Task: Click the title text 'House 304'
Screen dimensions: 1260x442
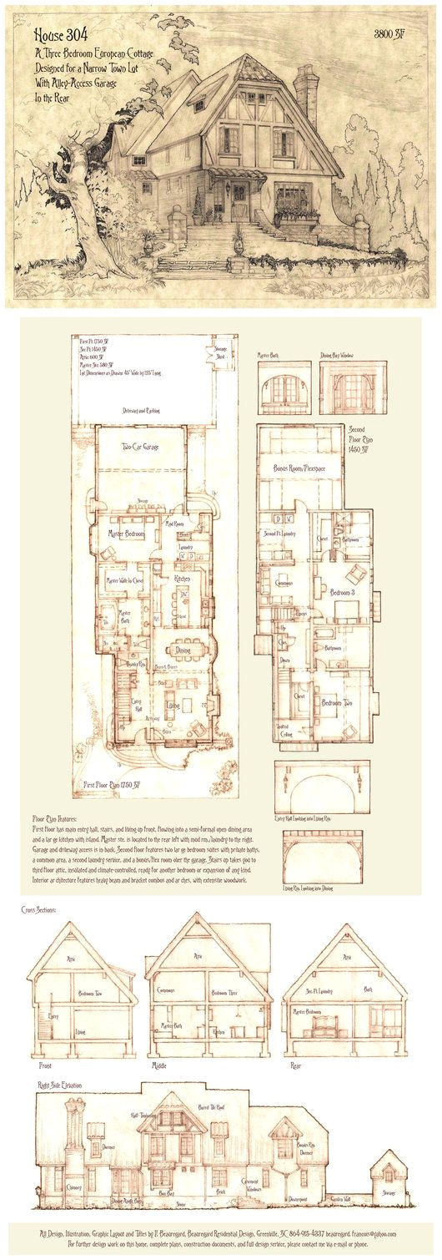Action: [63, 37]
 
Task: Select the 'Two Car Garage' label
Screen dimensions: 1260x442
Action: [139, 447]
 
